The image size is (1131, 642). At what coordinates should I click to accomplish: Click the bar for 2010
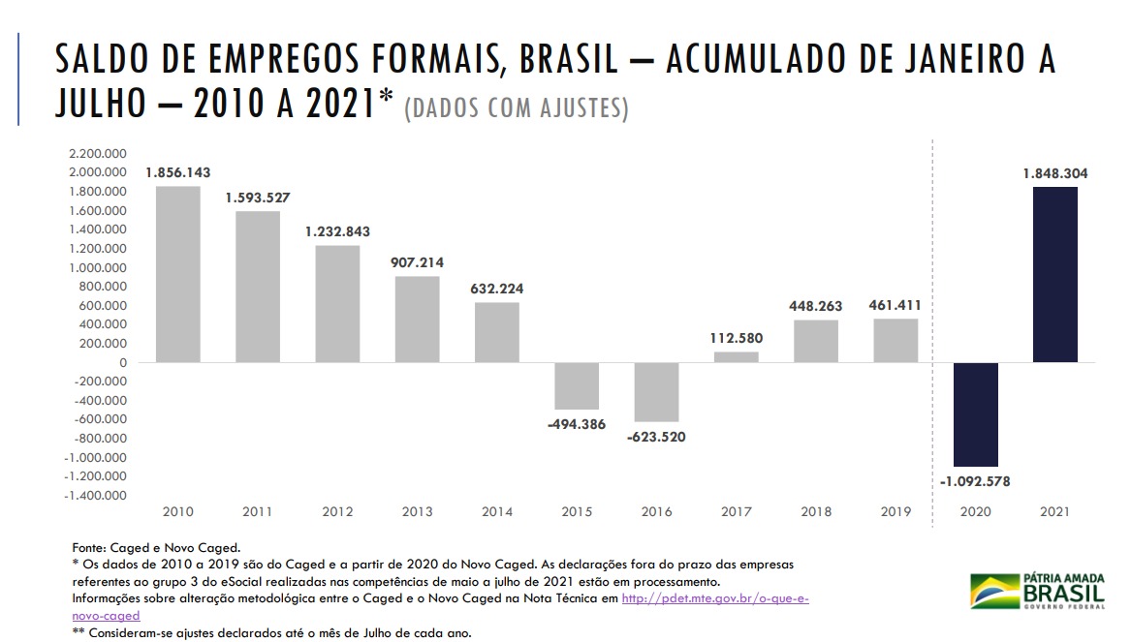point(177,274)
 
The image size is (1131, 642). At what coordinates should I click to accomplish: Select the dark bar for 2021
point(1054,274)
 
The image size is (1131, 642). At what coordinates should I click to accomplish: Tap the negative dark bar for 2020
point(975,414)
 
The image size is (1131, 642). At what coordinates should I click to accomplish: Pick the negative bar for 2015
point(576,385)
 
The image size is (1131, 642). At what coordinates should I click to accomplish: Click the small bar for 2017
point(736,357)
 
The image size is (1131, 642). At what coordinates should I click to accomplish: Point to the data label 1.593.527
point(258,198)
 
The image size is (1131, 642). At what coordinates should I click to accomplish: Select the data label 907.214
point(417,262)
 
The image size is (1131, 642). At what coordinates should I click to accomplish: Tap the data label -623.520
point(656,437)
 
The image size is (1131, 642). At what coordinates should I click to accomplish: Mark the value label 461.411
point(895,305)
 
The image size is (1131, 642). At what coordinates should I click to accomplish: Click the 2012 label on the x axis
point(337,511)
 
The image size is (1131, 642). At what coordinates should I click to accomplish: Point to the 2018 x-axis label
point(816,511)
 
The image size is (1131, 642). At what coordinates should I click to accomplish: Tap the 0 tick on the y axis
point(124,362)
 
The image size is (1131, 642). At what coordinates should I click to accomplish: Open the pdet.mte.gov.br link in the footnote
point(714,599)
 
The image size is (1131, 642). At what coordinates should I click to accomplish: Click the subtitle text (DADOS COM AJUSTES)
point(516,108)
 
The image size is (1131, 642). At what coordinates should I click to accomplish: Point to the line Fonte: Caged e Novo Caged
point(156,547)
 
